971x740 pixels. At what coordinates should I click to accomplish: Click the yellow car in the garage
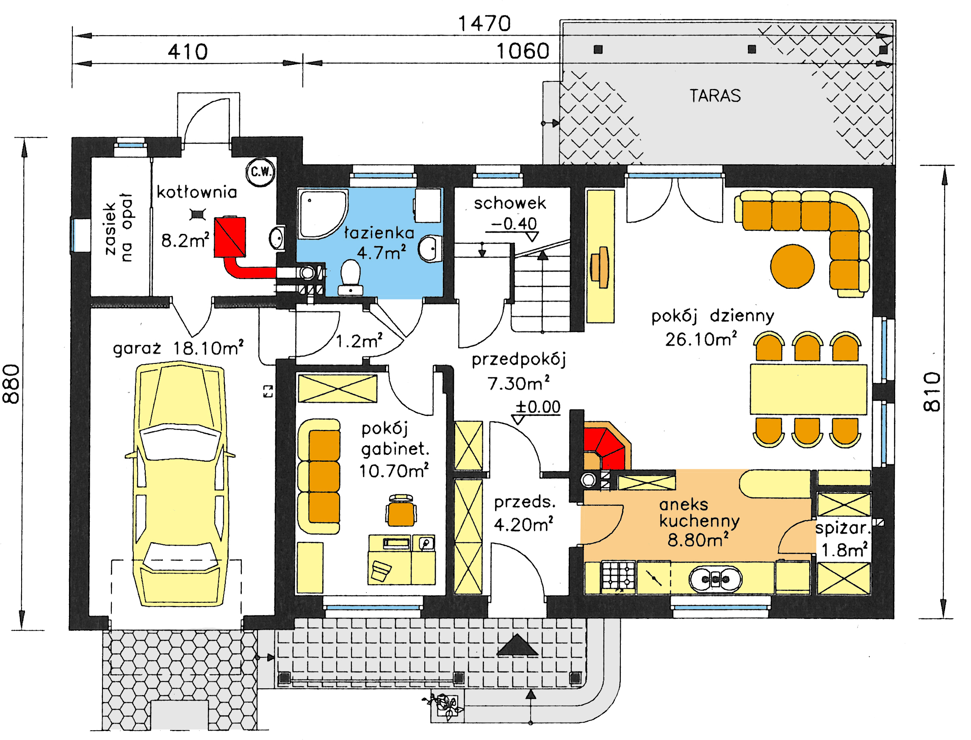coord(180,484)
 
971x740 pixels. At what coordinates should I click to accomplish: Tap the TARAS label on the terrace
coord(715,96)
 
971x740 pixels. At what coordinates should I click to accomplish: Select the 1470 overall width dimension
coord(484,23)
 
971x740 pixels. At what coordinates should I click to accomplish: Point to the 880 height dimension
coord(11,384)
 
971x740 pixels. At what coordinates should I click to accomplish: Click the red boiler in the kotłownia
coord(230,236)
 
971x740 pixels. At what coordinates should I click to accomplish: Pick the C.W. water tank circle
coord(260,172)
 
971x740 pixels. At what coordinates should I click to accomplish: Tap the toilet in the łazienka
coord(351,277)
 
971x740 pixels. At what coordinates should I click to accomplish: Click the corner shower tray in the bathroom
coord(323,214)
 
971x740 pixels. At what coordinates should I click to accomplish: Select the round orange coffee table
coord(792,266)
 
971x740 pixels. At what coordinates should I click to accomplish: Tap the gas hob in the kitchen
coord(619,576)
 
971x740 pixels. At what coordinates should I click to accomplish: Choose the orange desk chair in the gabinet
coord(401,510)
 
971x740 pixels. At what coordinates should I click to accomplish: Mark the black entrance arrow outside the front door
coord(517,645)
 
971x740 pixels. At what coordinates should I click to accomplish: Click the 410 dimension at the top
coord(188,52)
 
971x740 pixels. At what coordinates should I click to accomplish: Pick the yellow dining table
coord(808,390)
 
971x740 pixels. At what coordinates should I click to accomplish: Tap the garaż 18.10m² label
coord(178,348)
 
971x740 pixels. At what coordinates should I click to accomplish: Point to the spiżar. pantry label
coord(843,528)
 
